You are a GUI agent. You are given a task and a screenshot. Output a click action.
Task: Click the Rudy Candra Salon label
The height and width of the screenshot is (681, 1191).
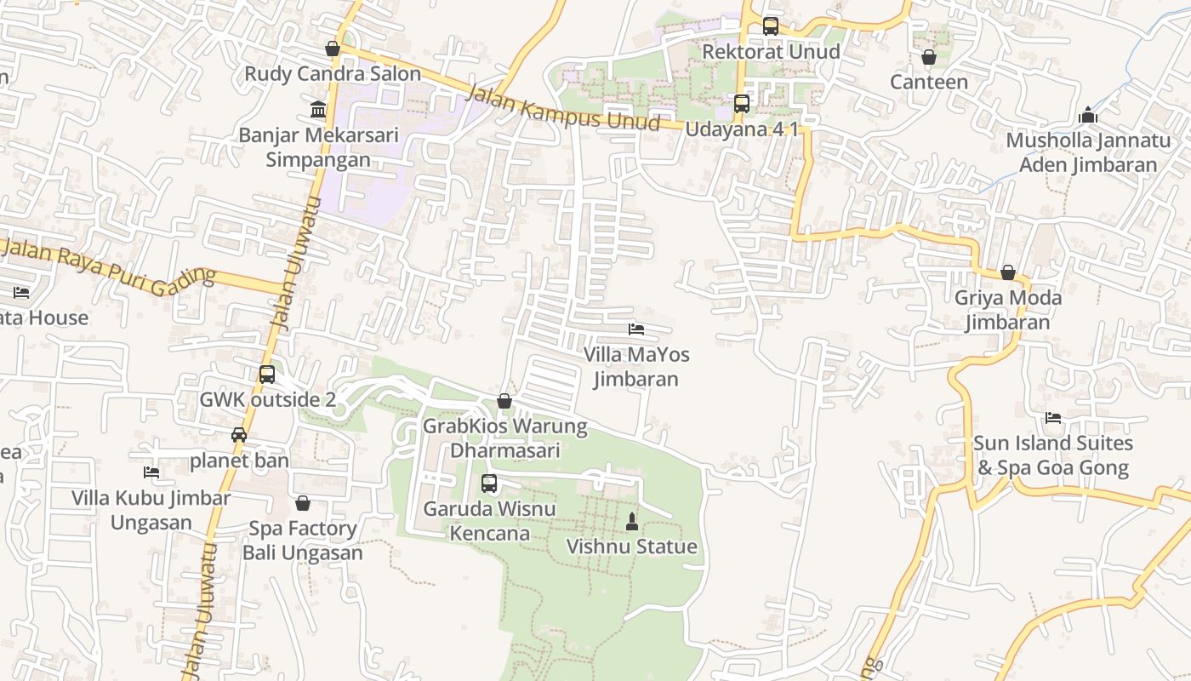click(x=333, y=74)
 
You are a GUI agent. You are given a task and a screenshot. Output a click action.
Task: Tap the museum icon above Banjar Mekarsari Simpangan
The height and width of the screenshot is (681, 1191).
click(x=318, y=110)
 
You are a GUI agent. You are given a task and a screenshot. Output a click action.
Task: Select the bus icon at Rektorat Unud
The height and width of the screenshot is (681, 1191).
click(x=770, y=26)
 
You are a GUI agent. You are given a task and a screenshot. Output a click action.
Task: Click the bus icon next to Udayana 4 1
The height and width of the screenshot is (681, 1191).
click(x=742, y=104)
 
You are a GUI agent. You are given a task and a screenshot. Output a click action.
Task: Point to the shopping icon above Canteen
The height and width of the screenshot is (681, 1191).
click(x=929, y=57)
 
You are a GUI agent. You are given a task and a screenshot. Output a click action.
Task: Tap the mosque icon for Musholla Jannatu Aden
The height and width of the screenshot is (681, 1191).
click(x=1088, y=116)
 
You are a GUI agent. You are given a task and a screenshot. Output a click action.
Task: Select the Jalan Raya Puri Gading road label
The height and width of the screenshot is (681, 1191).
click(x=108, y=268)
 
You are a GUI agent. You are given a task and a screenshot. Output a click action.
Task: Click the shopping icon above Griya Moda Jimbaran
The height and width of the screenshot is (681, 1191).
click(x=1008, y=272)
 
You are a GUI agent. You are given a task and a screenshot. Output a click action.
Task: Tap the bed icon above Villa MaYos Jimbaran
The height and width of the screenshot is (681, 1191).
click(x=635, y=329)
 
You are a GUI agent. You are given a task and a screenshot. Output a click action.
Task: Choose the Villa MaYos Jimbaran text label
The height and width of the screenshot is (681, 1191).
click(x=636, y=367)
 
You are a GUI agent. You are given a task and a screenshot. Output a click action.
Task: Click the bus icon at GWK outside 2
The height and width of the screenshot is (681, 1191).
click(x=267, y=375)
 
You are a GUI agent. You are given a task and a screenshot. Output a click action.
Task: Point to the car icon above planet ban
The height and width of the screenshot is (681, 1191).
click(x=239, y=435)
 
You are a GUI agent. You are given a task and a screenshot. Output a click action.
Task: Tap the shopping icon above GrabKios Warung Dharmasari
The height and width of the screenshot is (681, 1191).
click(x=504, y=401)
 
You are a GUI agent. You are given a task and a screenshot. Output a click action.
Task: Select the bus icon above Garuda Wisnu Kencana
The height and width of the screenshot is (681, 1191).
click(x=489, y=484)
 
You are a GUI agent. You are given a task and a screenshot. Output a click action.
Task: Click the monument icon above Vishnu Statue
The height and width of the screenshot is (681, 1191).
click(x=632, y=521)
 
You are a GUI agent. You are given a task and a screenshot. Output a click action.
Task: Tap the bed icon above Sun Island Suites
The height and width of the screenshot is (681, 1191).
click(x=1053, y=418)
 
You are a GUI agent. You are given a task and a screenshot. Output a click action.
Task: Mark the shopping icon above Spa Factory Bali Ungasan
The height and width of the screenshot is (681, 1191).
click(x=303, y=503)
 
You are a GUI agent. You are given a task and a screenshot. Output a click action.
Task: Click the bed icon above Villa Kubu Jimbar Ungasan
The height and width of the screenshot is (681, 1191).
click(x=151, y=472)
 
